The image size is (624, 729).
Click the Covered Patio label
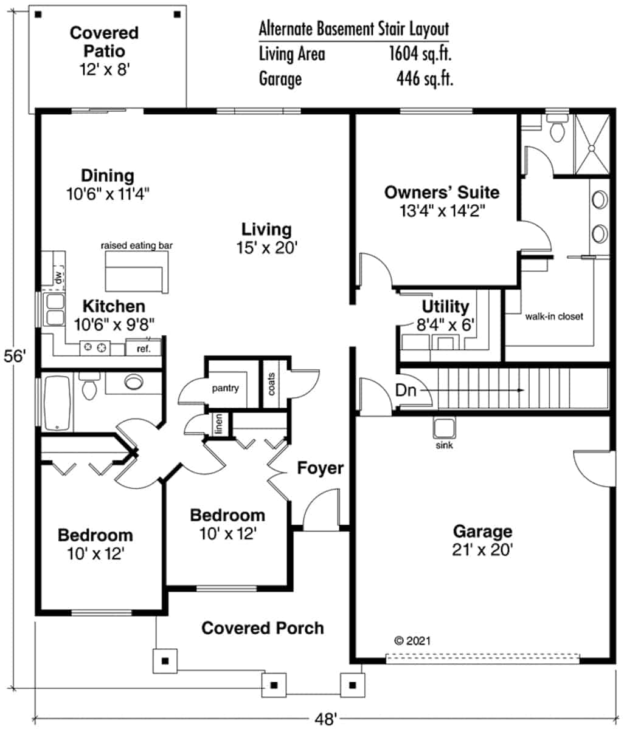(104, 41)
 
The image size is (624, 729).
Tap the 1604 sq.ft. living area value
(420, 54)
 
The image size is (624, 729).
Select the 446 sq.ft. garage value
(424, 79)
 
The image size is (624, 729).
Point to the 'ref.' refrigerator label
(143, 349)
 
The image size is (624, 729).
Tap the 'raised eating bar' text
(137, 245)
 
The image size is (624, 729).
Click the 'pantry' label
(225, 388)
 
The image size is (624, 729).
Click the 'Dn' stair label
(406, 390)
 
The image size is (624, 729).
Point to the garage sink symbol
(443, 428)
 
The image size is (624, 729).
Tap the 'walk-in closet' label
(553, 317)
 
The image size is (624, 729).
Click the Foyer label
(320, 468)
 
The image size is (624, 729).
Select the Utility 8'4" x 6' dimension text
(445, 324)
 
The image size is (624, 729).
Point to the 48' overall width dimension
(326, 719)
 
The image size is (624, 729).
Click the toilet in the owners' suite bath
(556, 129)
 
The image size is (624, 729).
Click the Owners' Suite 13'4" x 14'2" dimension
(442, 210)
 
